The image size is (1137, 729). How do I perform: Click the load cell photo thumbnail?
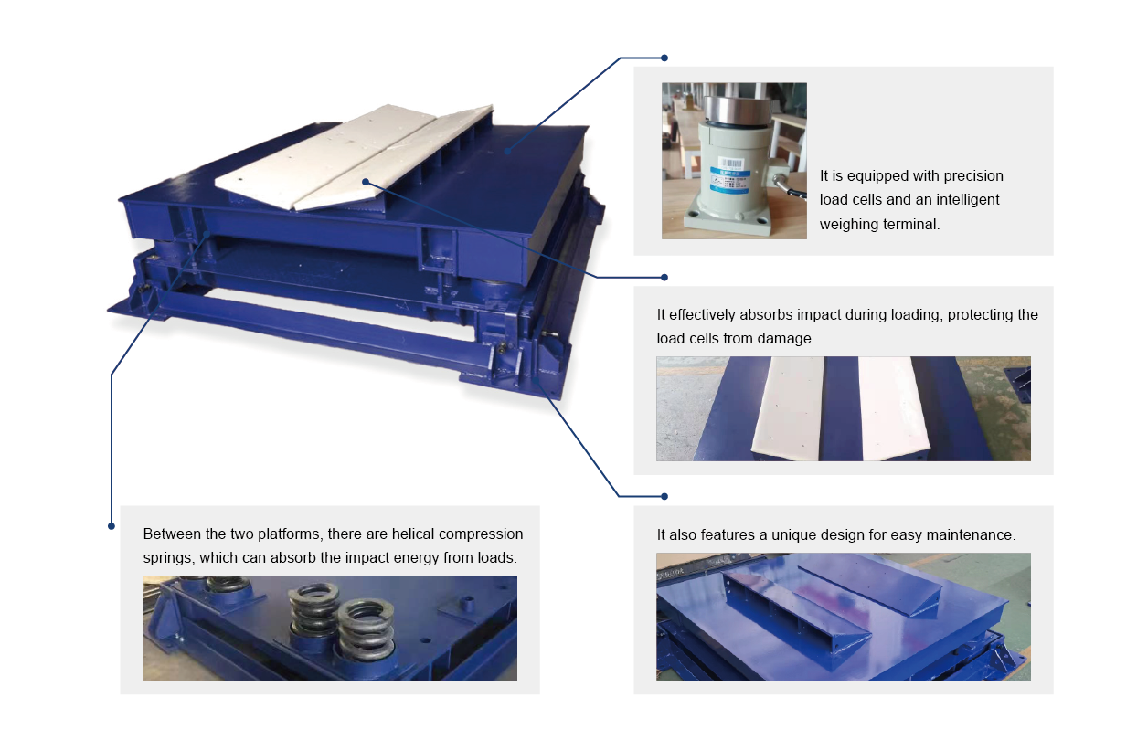(734, 161)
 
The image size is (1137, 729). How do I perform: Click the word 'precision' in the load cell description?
(968, 175)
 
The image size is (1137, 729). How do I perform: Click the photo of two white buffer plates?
(843, 408)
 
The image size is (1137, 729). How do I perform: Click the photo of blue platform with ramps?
(843, 617)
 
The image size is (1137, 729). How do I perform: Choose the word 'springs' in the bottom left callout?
(166, 557)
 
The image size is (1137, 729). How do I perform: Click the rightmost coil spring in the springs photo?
(366, 630)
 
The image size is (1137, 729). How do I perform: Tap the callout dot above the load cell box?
(664, 58)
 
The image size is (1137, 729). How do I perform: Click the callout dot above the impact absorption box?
(664, 277)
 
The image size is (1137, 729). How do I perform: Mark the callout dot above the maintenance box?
(664, 496)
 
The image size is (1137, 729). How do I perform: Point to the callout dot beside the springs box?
(112, 526)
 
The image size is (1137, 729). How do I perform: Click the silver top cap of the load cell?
(735, 108)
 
